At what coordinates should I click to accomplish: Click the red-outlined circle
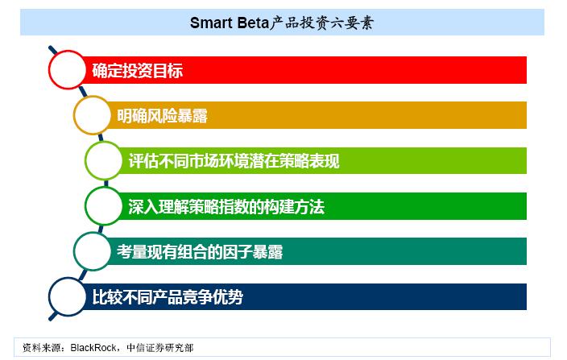coord(50,70)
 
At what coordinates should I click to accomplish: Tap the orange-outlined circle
coord(74,115)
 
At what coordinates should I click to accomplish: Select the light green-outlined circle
coord(86,160)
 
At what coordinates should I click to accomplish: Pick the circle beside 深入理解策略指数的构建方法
coord(86,206)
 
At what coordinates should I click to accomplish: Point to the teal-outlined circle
coord(74,251)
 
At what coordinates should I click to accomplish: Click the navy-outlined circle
coord(50,296)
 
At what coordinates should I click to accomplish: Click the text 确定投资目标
coord(138,71)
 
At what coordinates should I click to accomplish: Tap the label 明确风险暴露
coord(162,116)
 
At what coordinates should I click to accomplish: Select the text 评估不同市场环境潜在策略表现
coord(234,161)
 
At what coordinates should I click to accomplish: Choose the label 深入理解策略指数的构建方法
coord(226,207)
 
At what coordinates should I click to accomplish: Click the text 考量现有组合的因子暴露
coord(200,252)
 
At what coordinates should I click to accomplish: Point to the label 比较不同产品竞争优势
coord(168,297)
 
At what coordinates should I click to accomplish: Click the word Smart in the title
coord(211,23)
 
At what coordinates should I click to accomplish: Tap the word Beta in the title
coord(253,23)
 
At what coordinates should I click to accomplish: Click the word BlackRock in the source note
coord(93,348)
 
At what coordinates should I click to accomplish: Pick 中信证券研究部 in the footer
coord(160,348)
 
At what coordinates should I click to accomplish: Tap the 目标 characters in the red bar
coord(168,71)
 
